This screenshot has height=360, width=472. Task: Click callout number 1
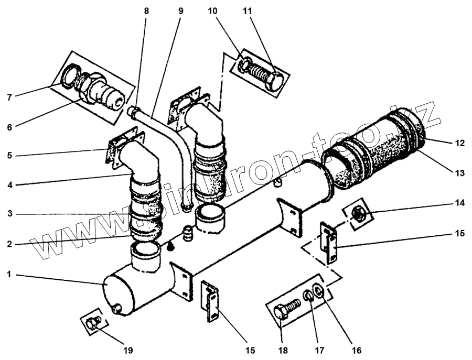pyautogui.click(x=9, y=274)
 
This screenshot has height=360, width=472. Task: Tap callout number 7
pyautogui.click(x=10, y=97)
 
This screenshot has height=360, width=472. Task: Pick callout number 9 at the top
pyautogui.click(x=180, y=10)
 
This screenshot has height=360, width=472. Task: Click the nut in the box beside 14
pyautogui.click(x=358, y=213)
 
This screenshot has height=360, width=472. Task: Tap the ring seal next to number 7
pyautogui.click(x=69, y=77)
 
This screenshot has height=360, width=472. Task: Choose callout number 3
pyautogui.click(x=9, y=214)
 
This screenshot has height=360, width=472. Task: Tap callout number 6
pyautogui.click(x=10, y=126)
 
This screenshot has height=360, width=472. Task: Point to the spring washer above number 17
pyautogui.click(x=309, y=297)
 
